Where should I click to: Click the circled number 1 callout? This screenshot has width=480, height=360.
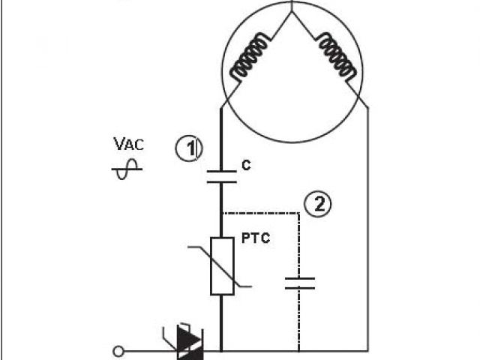click(189, 148)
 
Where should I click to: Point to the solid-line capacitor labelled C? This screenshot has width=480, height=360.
click(221, 177)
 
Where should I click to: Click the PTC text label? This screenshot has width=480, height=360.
click(256, 239)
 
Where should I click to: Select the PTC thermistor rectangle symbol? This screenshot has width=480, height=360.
click(222, 265)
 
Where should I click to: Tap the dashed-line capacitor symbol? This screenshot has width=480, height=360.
click(299, 283)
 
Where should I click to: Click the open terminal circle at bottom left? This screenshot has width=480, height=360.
click(118, 350)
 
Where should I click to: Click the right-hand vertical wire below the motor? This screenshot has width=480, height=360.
click(368, 225)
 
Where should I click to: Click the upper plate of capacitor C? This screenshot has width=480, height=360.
click(221, 172)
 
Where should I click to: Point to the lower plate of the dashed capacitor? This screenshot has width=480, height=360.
click(299, 287)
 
